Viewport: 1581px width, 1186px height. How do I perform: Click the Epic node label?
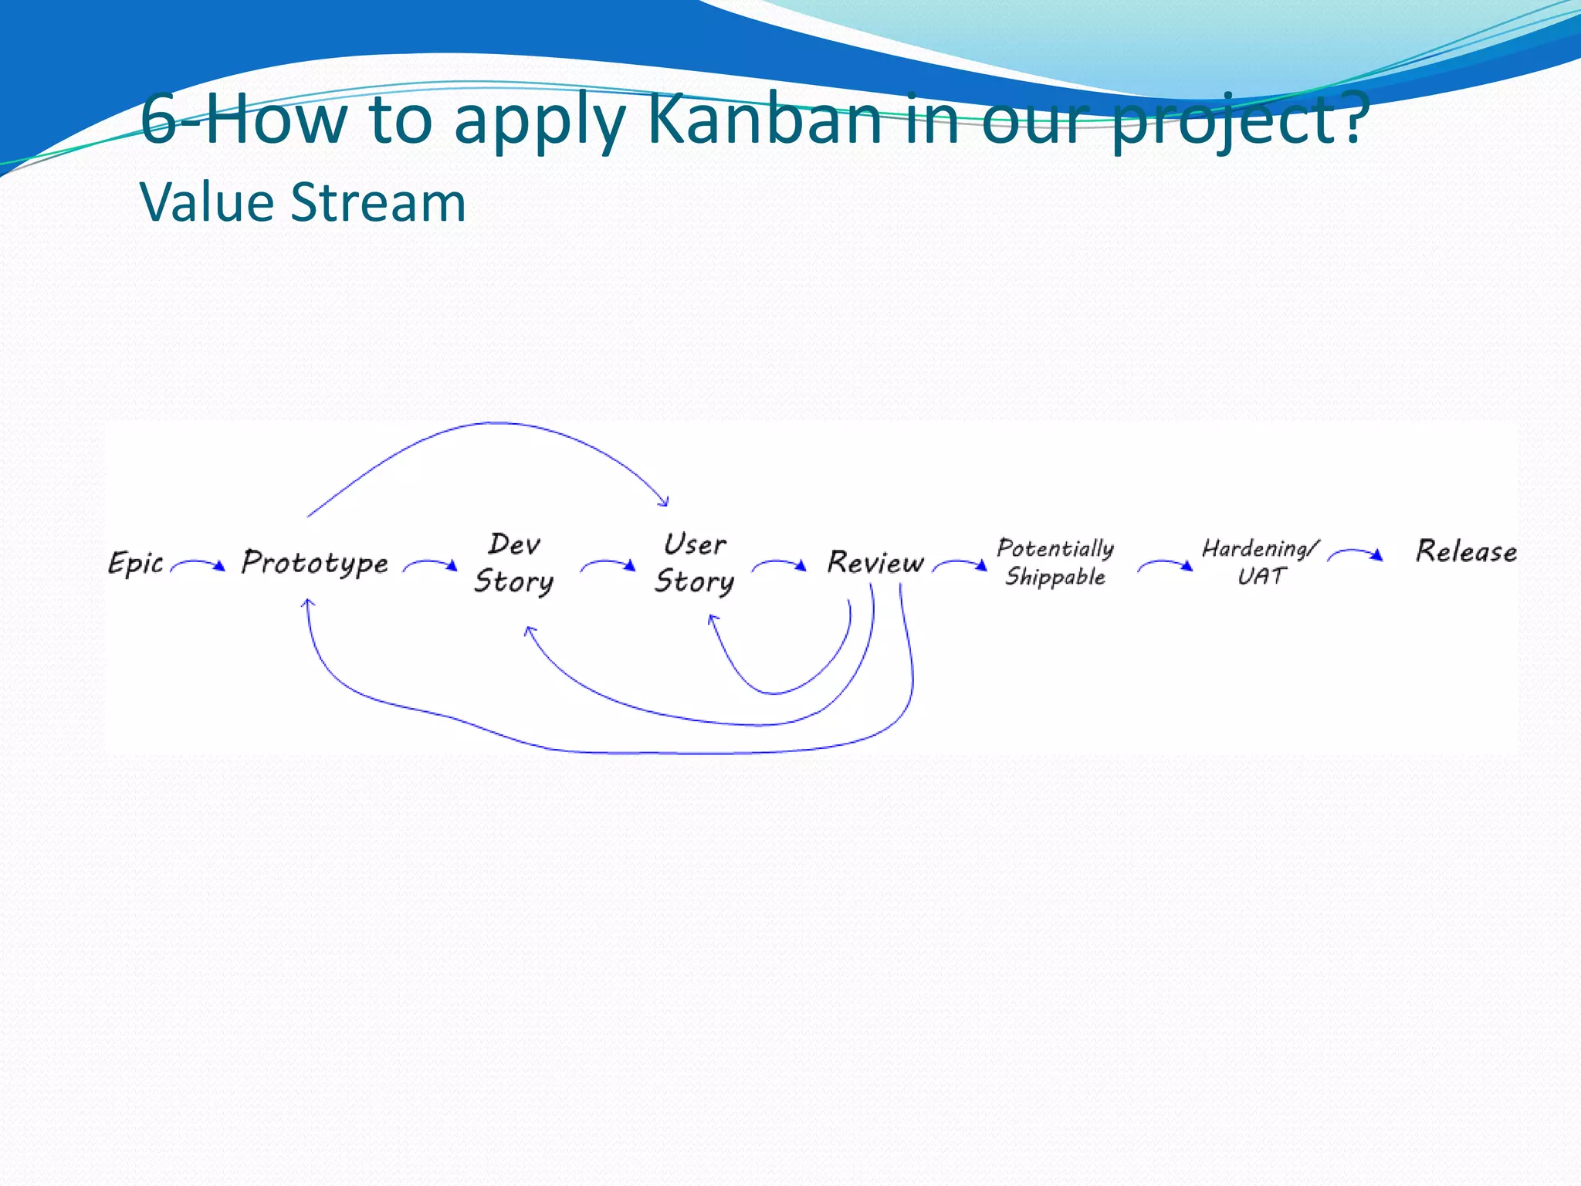[136, 563]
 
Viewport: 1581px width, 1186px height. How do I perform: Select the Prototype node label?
[314, 563]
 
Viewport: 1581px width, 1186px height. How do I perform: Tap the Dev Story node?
[514, 563]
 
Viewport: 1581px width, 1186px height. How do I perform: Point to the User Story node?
[695, 563]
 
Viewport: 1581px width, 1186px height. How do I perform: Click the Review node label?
[875, 563]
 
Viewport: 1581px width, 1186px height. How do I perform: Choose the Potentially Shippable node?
[1055, 562]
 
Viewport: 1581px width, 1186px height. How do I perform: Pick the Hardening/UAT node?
[1260, 562]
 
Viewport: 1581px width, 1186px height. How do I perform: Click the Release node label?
[1465, 551]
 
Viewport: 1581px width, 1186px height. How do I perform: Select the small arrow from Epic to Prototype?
[198, 565]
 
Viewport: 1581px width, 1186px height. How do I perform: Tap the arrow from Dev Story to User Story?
[608, 565]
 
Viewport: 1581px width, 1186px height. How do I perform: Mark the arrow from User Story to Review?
[780, 565]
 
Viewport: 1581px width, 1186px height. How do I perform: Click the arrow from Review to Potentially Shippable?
[960, 565]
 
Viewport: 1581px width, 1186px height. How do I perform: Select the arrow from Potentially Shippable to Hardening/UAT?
[1166, 565]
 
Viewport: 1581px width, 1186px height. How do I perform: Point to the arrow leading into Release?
[1356, 553]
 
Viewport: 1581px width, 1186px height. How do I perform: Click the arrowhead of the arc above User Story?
[664, 502]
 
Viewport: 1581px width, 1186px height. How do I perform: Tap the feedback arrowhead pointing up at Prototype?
[307, 603]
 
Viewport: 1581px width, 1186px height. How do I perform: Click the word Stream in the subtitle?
[378, 202]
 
